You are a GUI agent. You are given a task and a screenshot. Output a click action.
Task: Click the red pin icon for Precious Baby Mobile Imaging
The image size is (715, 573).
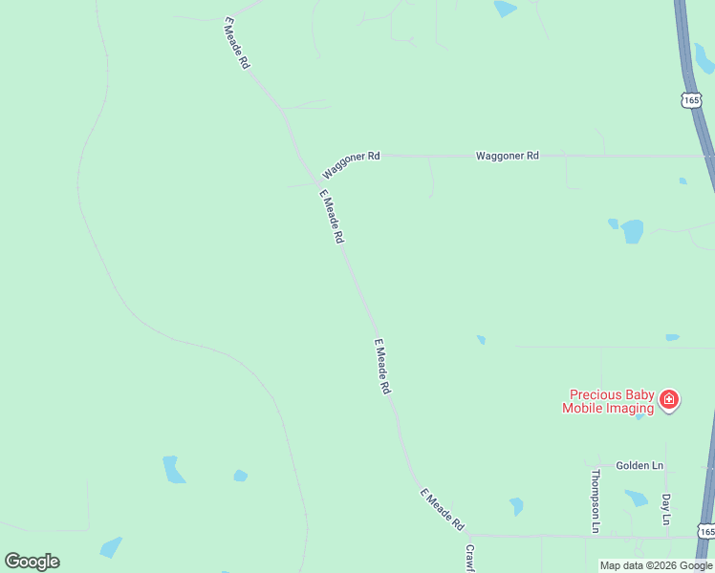[669, 399]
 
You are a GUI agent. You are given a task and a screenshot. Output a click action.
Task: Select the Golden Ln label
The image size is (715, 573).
[639, 465]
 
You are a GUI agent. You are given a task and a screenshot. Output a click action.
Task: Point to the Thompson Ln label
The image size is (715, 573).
[596, 500]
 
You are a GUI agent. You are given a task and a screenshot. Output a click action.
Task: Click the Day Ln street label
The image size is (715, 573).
[666, 508]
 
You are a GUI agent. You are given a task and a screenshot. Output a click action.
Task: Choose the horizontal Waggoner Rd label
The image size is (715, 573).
[508, 155]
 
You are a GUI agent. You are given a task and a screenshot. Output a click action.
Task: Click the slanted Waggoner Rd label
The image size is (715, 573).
[351, 164]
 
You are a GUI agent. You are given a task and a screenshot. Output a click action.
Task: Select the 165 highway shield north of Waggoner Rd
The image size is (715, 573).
[691, 98]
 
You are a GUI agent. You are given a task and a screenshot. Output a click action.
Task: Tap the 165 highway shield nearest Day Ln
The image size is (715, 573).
[705, 530]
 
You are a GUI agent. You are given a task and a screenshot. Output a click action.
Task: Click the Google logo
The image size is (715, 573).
[32, 562]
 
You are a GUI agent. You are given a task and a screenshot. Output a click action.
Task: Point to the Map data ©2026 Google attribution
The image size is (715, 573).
[656, 565]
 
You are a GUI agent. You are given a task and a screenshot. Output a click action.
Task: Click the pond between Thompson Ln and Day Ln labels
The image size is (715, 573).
[636, 498]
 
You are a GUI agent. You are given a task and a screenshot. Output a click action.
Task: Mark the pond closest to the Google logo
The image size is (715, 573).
[111, 547]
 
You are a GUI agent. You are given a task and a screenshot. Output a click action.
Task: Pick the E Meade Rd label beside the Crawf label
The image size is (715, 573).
[442, 511]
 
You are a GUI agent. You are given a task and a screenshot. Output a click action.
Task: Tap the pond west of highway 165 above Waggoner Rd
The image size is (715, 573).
[505, 9]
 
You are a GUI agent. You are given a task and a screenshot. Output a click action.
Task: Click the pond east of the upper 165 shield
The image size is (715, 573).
[704, 57]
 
